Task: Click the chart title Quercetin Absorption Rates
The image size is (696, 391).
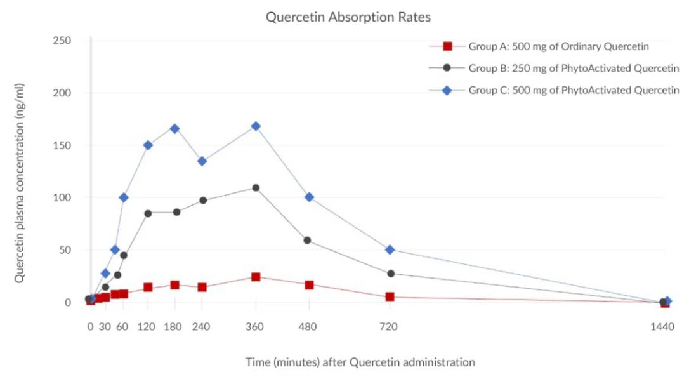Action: pos(348,17)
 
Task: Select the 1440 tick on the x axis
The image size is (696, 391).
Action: pos(663,327)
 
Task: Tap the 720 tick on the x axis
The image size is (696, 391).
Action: pos(389,327)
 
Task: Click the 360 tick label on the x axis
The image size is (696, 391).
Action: pos(256,327)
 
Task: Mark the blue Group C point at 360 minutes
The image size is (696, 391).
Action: pos(256,126)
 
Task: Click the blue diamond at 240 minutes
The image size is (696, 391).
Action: pos(202,161)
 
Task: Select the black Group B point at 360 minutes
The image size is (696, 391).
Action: pos(256,188)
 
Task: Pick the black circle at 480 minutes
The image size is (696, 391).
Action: pos(308,241)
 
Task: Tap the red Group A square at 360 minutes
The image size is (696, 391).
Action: pos(256,277)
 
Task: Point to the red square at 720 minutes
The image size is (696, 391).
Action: pos(390,296)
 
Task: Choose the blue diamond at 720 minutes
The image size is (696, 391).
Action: pos(390,249)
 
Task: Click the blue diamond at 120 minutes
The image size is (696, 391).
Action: pos(148,145)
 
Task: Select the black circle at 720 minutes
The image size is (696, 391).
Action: pos(391,274)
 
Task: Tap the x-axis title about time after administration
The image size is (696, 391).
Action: pos(360,362)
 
